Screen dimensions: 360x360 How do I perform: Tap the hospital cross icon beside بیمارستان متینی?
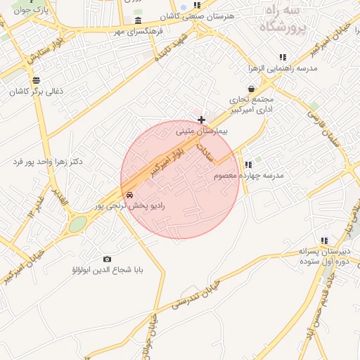coord(202,120)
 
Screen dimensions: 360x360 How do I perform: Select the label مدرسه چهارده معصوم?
coord(249,175)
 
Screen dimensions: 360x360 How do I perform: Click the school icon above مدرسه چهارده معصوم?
coord(247,165)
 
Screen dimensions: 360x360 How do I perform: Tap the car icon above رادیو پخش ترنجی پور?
coord(129,194)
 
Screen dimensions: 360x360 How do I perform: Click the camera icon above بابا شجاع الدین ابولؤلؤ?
coord(107,259)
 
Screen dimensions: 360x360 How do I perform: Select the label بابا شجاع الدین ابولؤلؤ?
coord(107,269)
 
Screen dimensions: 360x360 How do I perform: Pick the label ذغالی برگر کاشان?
coord(36,91)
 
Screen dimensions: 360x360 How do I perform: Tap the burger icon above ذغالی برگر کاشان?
coord(36,79)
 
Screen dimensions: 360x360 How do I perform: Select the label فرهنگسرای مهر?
coord(139,32)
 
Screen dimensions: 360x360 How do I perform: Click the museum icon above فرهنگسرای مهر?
coord(138,20)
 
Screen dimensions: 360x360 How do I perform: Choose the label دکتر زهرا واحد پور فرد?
coord(47,162)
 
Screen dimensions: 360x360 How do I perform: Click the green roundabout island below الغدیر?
coord(77,224)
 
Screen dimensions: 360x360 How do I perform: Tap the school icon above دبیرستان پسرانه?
coord(324,240)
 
